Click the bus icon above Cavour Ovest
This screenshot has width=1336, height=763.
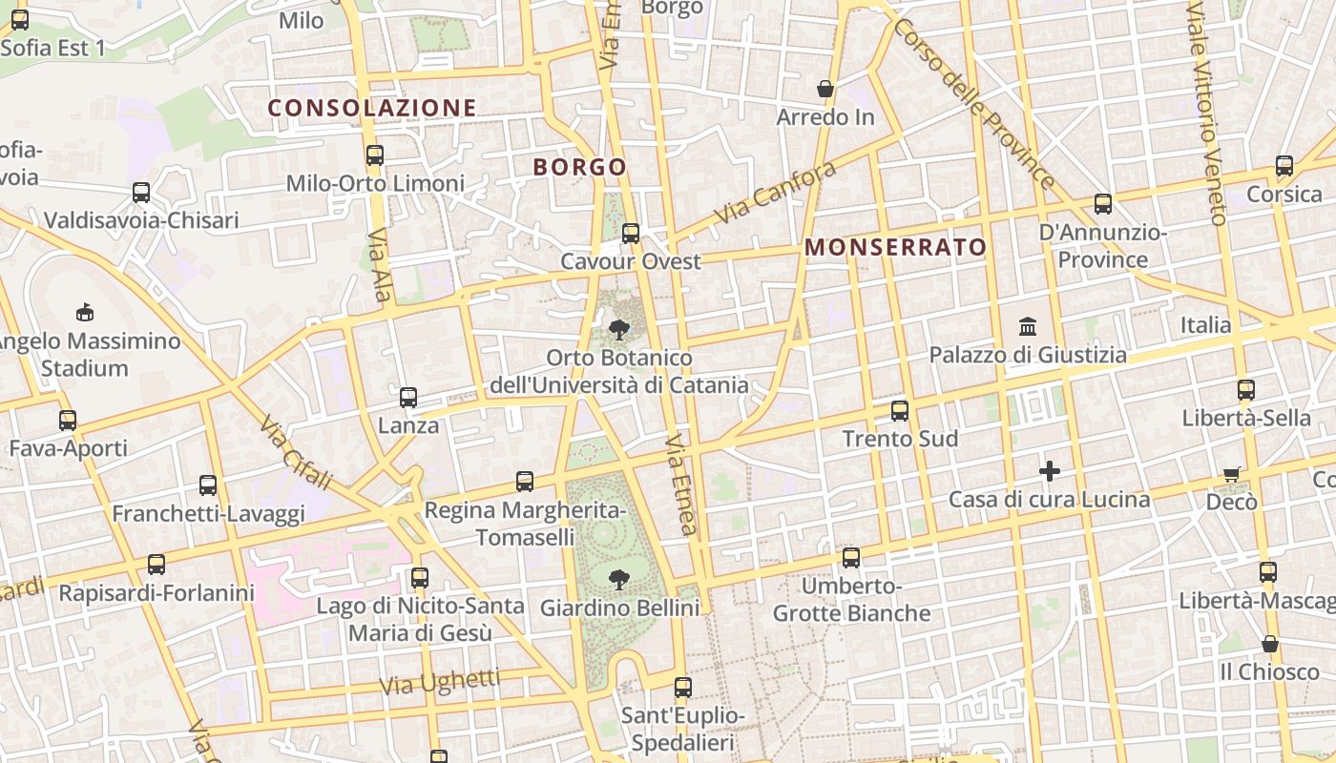click(630, 233)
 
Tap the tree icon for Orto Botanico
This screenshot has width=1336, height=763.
click(619, 330)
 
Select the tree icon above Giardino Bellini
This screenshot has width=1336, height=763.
click(619, 579)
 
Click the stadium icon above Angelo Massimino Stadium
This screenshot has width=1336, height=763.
click(85, 312)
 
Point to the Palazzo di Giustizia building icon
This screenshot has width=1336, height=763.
click(1028, 327)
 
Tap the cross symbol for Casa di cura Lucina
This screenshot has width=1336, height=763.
click(1050, 471)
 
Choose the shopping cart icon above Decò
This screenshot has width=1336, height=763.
click(1232, 474)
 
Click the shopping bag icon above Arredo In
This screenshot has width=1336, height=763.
click(825, 90)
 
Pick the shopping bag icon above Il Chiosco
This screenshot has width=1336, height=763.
click(1269, 644)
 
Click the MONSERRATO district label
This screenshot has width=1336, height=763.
click(895, 247)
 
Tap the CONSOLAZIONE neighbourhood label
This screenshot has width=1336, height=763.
click(372, 108)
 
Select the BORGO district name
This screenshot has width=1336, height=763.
click(579, 167)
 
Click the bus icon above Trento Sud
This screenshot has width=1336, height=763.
click(900, 411)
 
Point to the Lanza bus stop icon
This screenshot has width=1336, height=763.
click(408, 398)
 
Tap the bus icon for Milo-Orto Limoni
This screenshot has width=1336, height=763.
click(375, 155)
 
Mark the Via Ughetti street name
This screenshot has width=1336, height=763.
click(440, 681)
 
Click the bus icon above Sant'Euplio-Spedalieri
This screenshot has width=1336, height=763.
click(682, 687)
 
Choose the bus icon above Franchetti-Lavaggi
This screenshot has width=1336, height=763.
click(208, 485)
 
